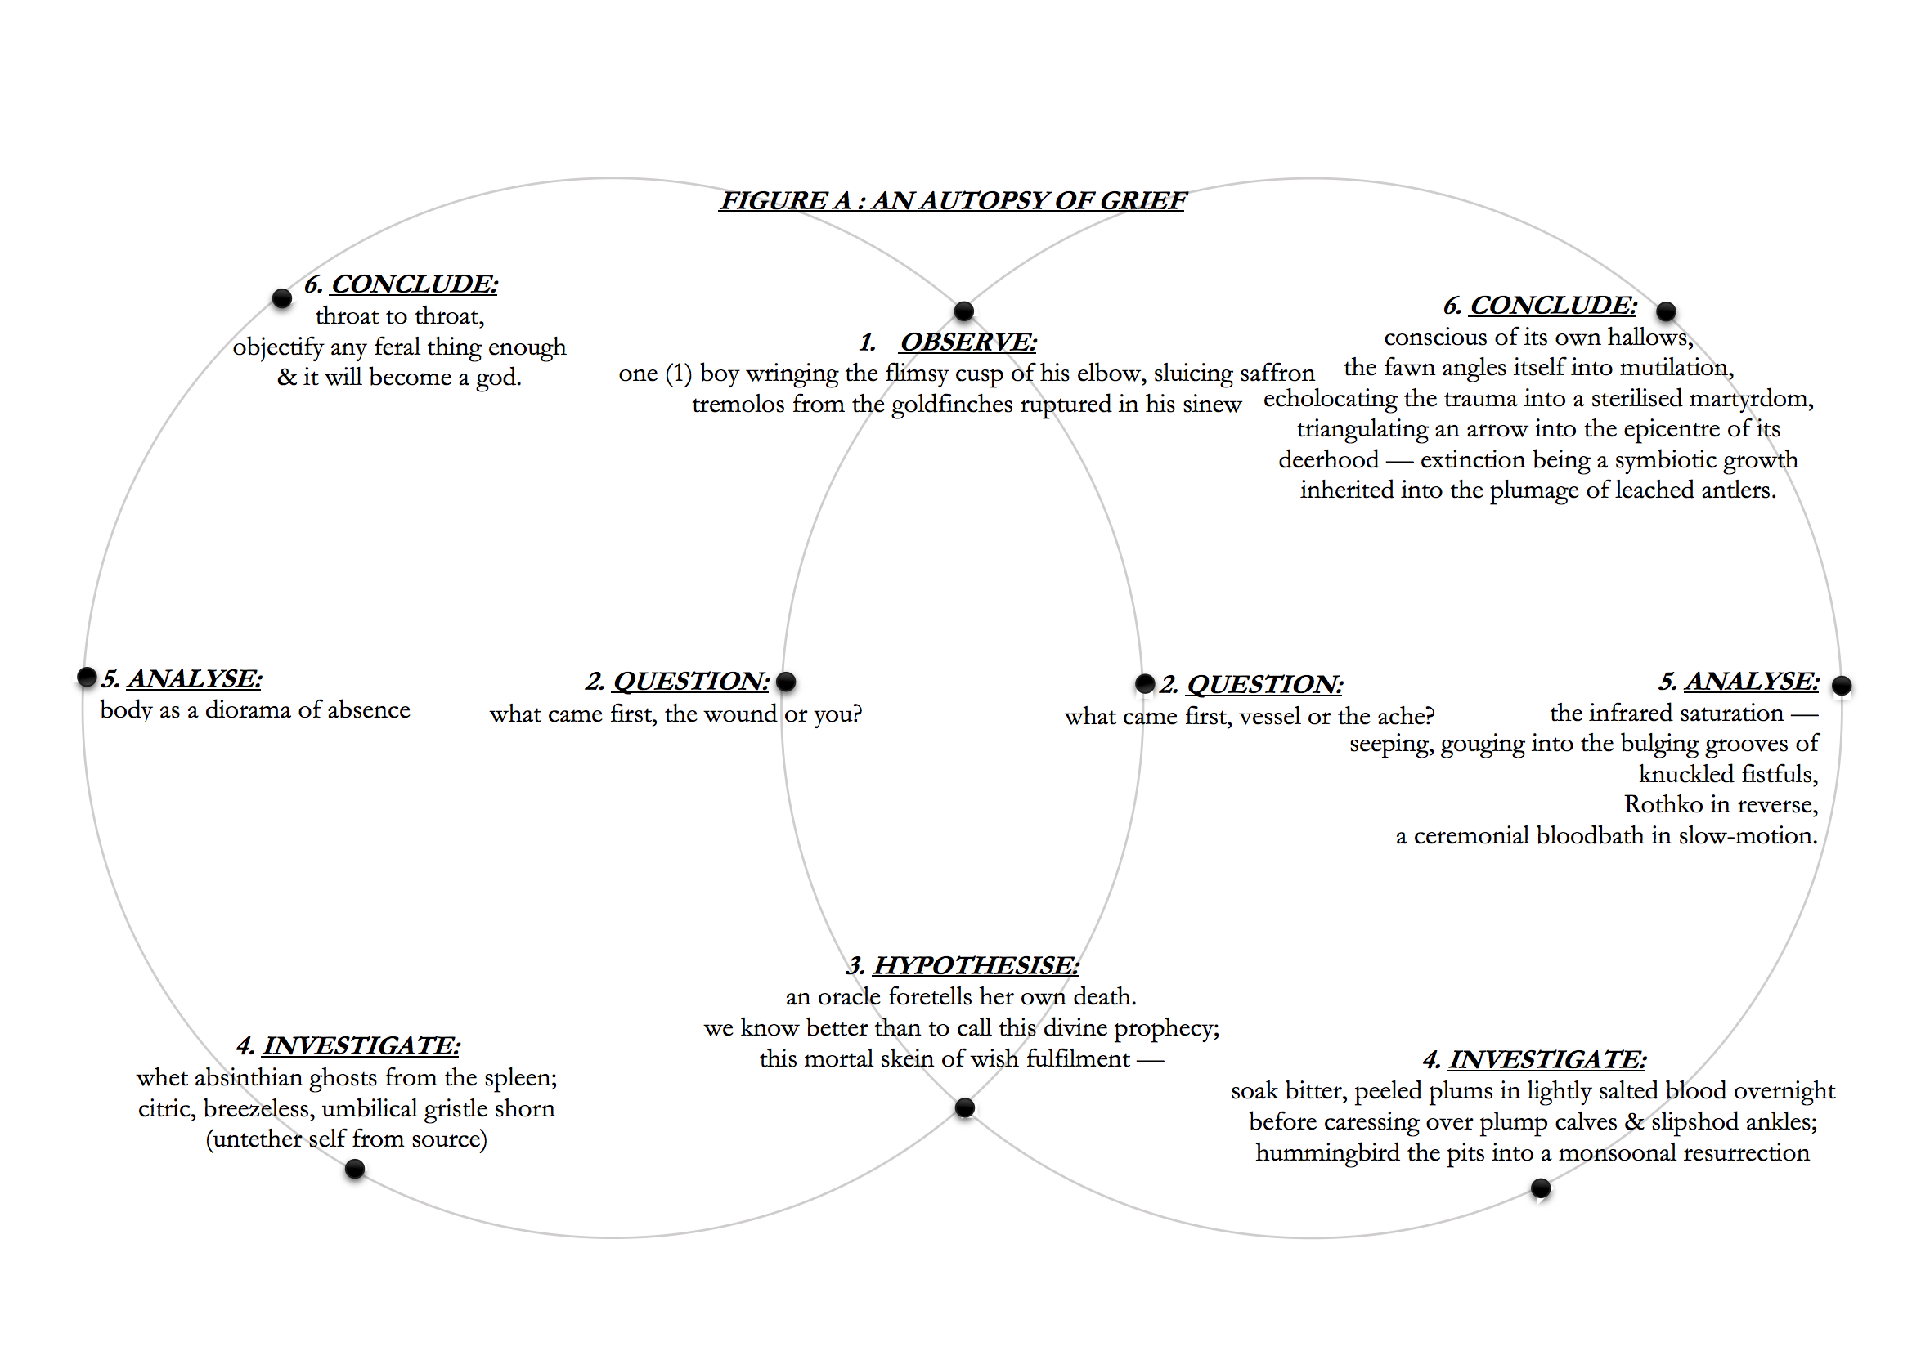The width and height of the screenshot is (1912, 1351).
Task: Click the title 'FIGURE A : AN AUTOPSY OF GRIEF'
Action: tap(952, 200)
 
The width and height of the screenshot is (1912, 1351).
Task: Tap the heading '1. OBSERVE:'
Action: tap(949, 342)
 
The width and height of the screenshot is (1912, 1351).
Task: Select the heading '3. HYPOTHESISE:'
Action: tap(963, 965)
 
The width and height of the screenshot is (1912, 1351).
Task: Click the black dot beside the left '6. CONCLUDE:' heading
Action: tap(282, 298)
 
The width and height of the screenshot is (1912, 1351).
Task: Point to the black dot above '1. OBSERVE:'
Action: tap(963, 311)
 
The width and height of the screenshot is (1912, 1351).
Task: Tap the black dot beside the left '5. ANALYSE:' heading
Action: tap(87, 677)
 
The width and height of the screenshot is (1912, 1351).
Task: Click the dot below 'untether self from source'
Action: tap(355, 1170)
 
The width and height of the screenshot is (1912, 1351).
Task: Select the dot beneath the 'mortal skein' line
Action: tap(964, 1108)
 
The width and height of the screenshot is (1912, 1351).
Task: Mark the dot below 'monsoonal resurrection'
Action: tap(1541, 1188)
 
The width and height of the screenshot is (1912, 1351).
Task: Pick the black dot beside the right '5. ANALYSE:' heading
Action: tap(1842, 686)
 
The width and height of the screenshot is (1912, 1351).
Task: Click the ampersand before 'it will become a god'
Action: tap(286, 377)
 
